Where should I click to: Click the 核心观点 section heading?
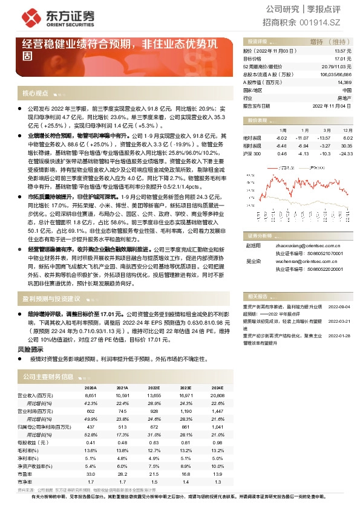[x=35, y=93]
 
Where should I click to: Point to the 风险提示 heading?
[x=30, y=349]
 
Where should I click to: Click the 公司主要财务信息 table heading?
[x=48, y=376]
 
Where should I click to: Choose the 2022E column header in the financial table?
[x=154, y=387]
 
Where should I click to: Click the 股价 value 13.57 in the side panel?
[x=344, y=52]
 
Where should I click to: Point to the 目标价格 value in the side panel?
[x=344, y=59]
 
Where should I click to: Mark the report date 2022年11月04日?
[x=332, y=105]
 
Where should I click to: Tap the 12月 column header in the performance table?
[x=347, y=131]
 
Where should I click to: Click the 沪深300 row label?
[x=252, y=154]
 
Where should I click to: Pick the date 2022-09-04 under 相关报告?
[x=339, y=306]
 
